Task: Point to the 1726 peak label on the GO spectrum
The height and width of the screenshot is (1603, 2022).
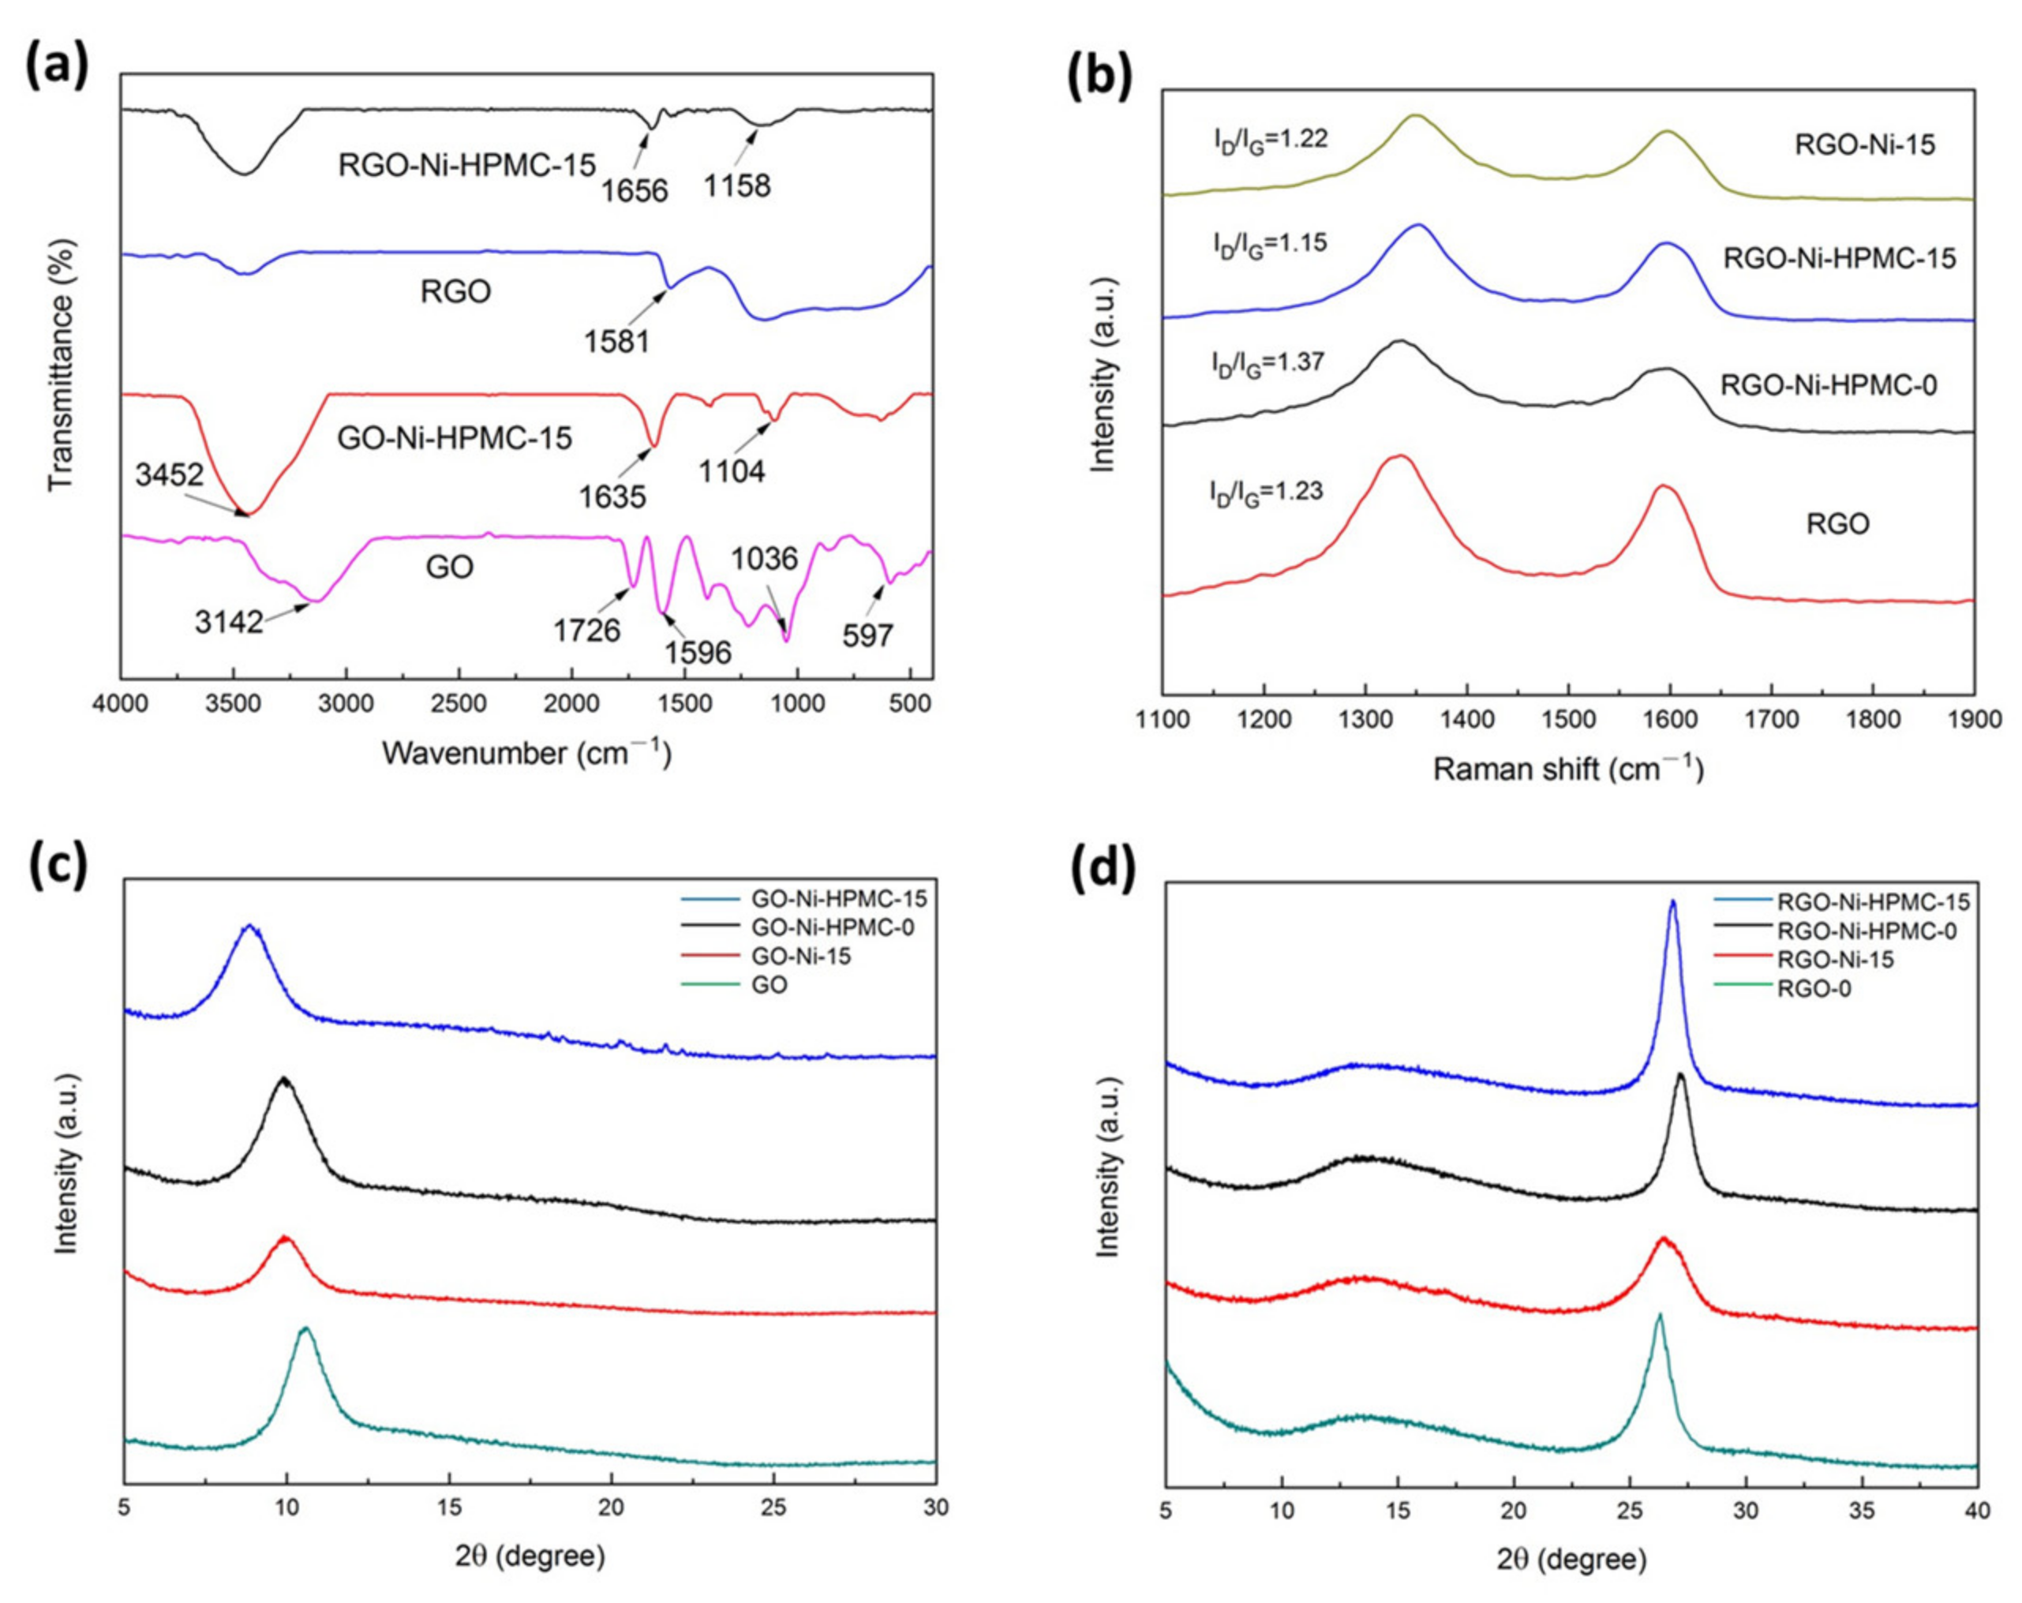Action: [586, 629]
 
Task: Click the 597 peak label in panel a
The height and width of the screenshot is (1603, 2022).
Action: [867, 636]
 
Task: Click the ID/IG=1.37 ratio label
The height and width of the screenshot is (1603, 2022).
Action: [1267, 363]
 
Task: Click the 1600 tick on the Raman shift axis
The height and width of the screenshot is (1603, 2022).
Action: [1669, 720]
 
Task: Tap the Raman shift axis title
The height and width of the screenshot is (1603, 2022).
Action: [1568, 768]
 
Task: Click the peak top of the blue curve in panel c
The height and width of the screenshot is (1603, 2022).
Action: [249, 926]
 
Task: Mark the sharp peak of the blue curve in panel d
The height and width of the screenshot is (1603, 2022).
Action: [1672, 901]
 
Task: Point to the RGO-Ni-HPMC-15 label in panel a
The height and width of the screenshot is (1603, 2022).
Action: [466, 165]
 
